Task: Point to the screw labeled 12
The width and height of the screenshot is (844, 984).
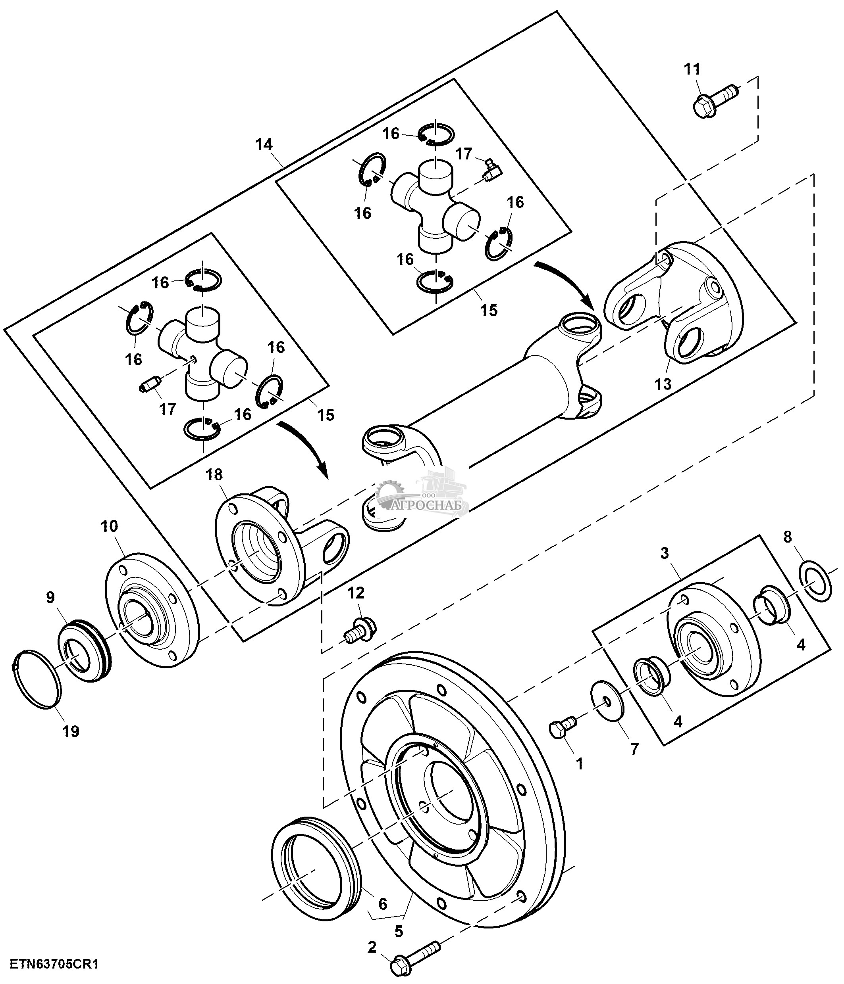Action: pos(361,629)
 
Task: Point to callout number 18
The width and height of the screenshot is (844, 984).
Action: pos(214,474)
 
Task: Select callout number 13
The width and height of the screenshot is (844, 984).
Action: pos(663,383)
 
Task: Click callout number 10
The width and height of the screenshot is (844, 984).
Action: pos(109,526)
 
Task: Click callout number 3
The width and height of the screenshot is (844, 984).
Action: pos(665,553)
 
